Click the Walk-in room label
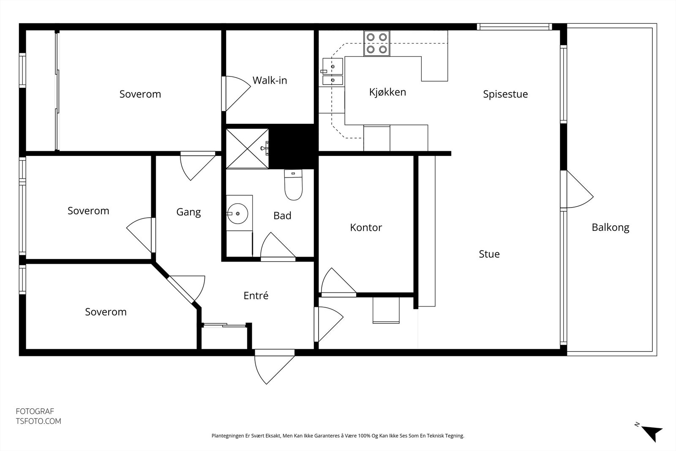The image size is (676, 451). click(270, 80)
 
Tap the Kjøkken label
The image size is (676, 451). click(387, 92)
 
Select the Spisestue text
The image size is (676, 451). click(505, 94)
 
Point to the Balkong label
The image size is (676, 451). click(610, 227)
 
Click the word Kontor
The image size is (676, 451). click(366, 227)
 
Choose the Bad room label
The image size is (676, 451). click(282, 216)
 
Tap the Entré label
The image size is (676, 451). click(256, 295)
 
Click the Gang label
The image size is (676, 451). click(188, 212)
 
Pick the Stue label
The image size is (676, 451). click(489, 254)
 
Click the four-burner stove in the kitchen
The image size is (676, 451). click(376, 43)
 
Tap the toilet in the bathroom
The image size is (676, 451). click(293, 185)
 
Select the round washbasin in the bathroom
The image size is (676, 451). click(237, 213)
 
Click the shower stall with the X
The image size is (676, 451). click(247, 148)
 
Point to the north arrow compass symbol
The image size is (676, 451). click(651, 433)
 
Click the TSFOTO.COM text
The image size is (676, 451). click(38, 421)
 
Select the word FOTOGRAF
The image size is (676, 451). click(35, 411)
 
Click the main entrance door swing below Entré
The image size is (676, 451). click(274, 367)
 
